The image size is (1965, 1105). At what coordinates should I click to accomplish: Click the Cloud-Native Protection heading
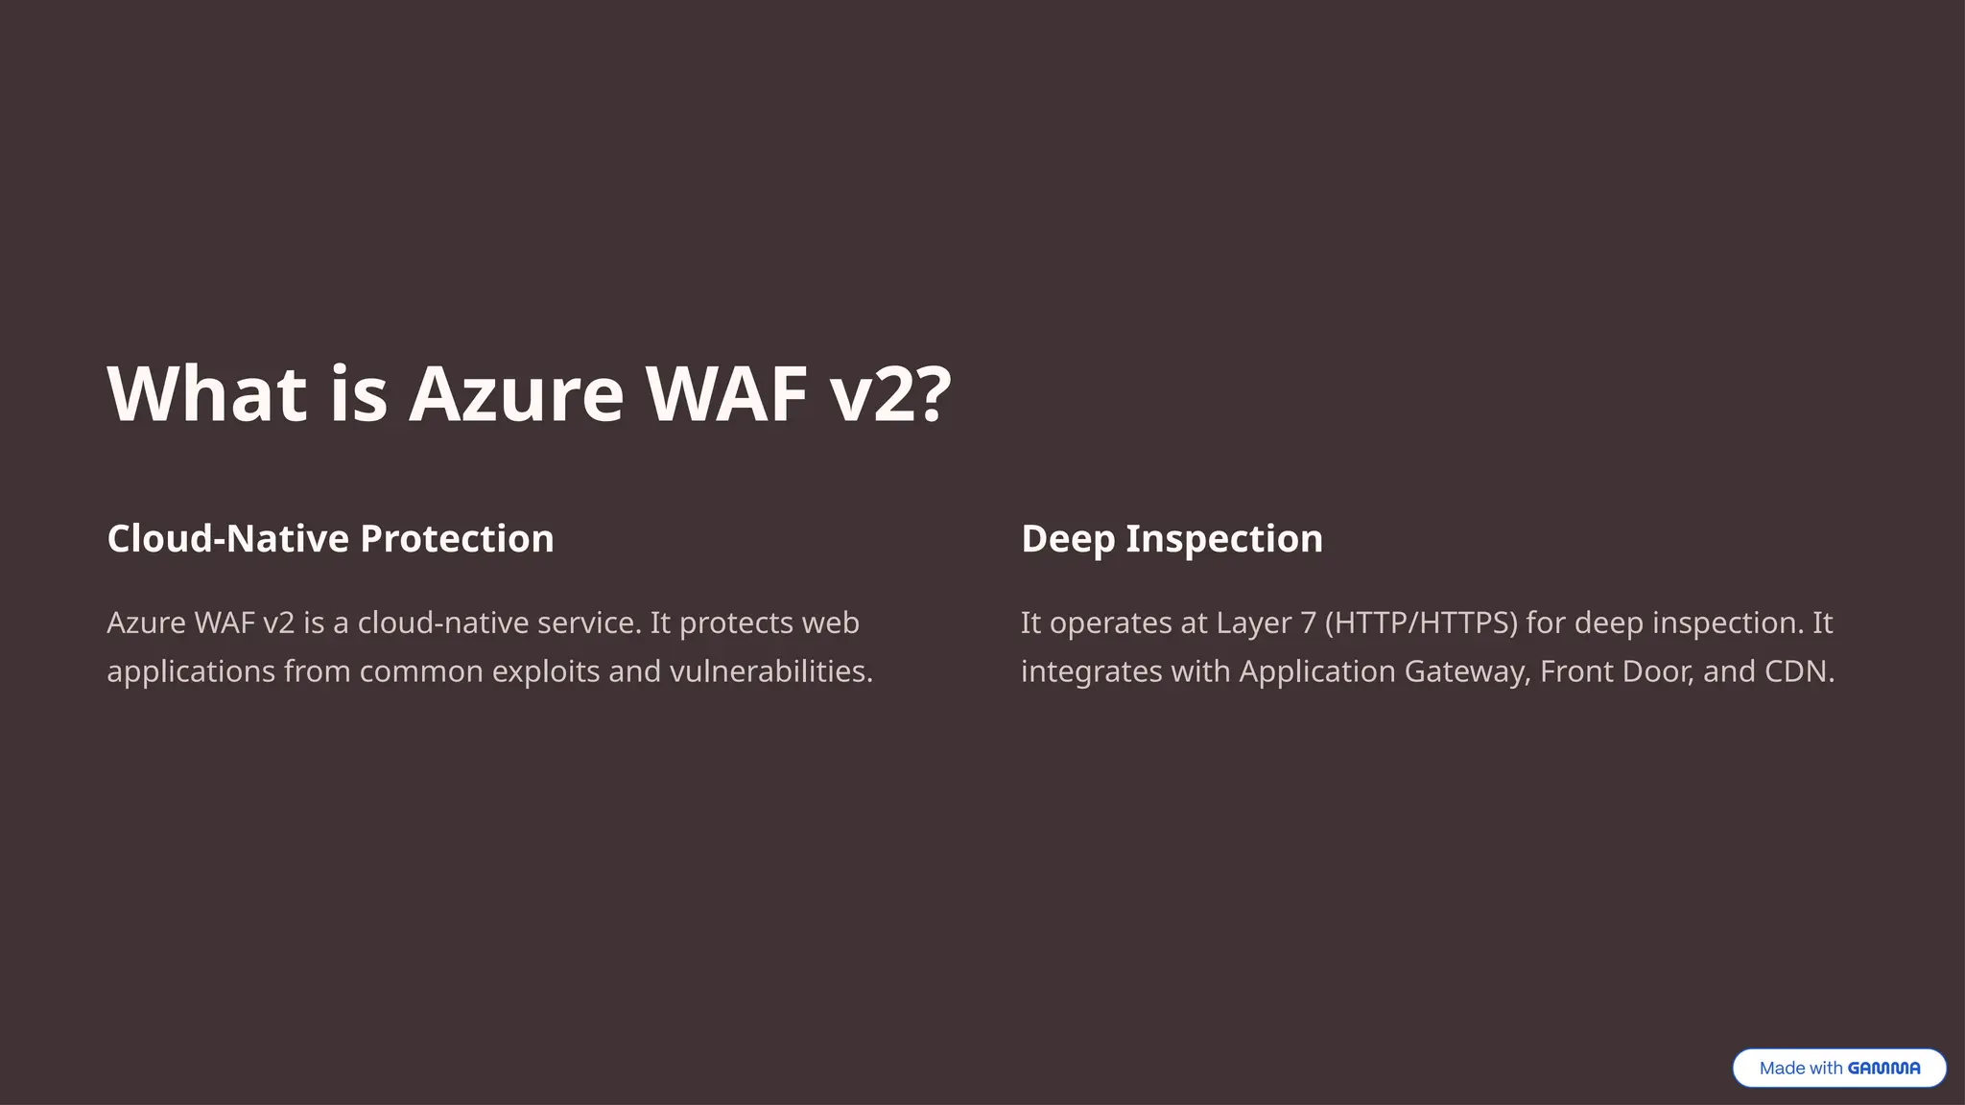click(x=330, y=539)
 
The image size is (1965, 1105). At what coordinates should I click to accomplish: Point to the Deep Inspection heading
click(x=1172, y=539)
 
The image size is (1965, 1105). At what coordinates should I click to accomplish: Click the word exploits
click(x=545, y=671)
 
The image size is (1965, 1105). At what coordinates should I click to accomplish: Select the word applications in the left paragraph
click(x=191, y=671)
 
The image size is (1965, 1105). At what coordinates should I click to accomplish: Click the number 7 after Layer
click(x=1309, y=623)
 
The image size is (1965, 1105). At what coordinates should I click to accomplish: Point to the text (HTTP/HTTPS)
click(x=1421, y=623)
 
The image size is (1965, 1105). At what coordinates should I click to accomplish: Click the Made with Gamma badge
click(x=1838, y=1068)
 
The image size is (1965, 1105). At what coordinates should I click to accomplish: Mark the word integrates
click(x=1091, y=671)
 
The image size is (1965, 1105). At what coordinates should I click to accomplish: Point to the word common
click(x=421, y=671)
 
